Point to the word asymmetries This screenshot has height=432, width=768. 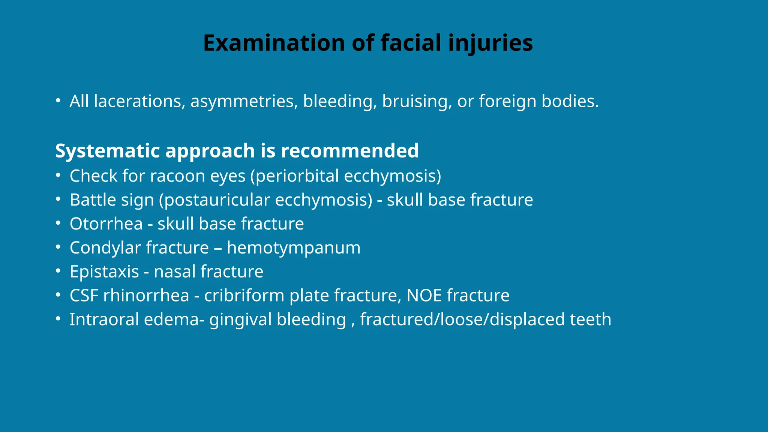pyautogui.click(x=244, y=101)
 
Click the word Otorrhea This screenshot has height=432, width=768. pyautogui.click(x=106, y=224)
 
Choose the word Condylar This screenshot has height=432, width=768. pyautogui.click(x=105, y=248)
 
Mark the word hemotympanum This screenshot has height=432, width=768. pyautogui.click(x=294, y=248)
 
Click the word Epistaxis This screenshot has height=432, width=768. pyautogui.click(x=104, y=272)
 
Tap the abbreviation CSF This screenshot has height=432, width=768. pyautogui.click(x=84, y=295)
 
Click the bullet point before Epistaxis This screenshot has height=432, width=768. pyautogui.click(x=58, y=271)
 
